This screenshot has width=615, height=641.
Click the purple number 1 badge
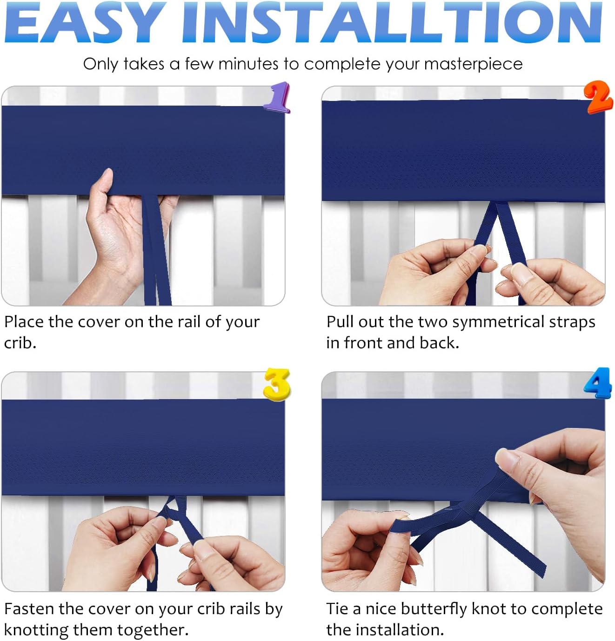[277, 97]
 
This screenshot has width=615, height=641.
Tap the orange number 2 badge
[599, 97]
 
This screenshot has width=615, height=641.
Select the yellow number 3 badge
[277, 384]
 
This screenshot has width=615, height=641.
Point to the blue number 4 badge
[598, 382]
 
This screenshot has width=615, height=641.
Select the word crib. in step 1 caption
[20, 343]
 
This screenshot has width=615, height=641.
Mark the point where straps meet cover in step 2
[495, 203]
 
